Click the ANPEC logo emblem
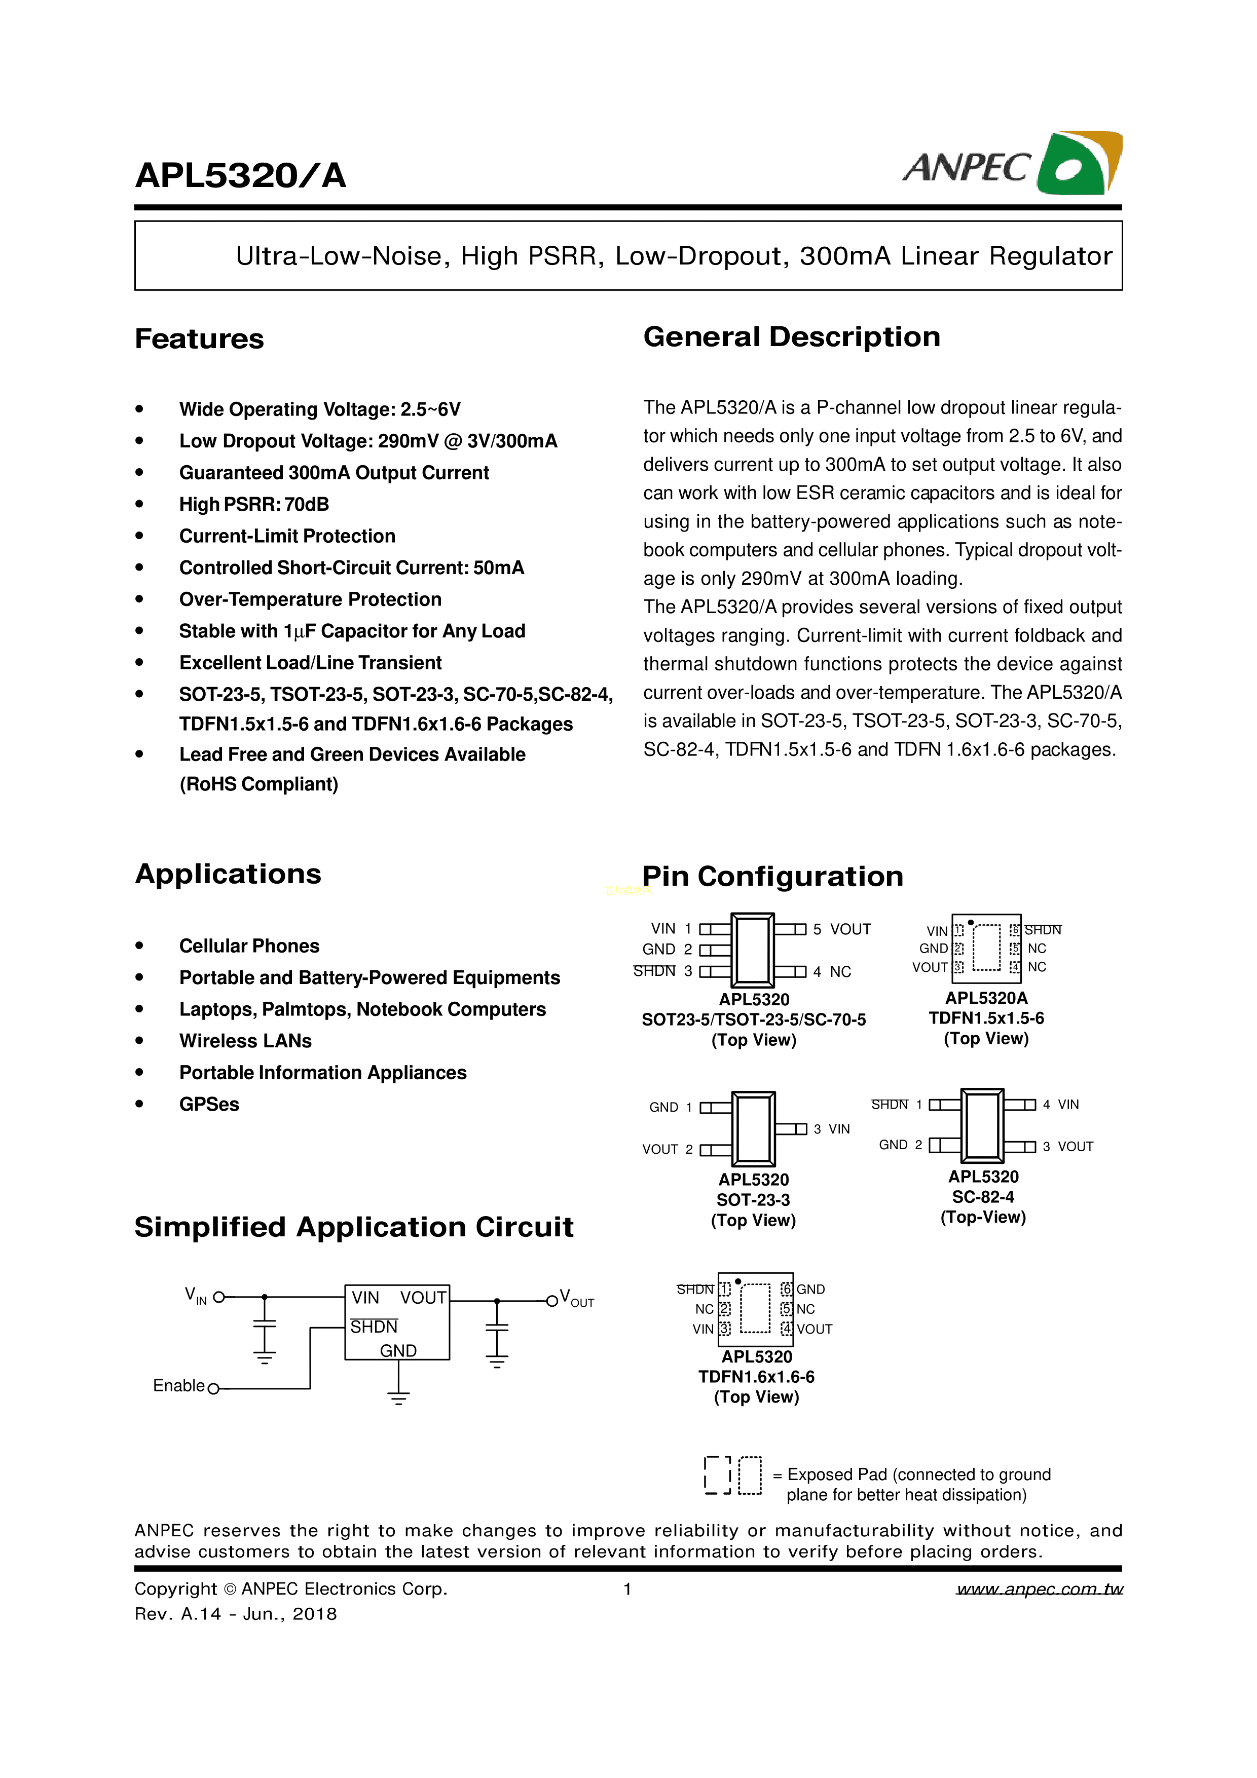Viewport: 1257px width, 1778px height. tap(1079, 163)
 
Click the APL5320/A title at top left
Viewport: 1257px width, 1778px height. tap(240, 176)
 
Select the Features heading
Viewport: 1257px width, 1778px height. tap(199, 339)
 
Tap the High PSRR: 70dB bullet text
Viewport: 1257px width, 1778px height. tap(254, 504)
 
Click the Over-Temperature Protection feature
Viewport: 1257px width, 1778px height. tap(310, 599)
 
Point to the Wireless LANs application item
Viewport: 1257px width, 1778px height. tap(245, 1041)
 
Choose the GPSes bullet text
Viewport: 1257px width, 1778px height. tap(209, 1104)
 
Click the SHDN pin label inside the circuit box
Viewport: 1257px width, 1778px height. tap(374, 1327)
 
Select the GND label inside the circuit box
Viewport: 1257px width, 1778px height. tap(398, 1350)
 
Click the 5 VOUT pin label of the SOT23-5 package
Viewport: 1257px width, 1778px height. tap(842, 929)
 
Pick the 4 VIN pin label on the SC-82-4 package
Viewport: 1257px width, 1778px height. tap(1060, 1104)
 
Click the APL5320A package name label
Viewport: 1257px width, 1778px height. tap(986, 998)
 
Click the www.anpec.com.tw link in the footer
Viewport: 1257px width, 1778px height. tap(1040, 1589)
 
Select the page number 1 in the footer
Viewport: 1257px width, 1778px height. tap(627, 1589)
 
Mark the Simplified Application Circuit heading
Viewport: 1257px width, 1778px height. tap(354, 1227)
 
